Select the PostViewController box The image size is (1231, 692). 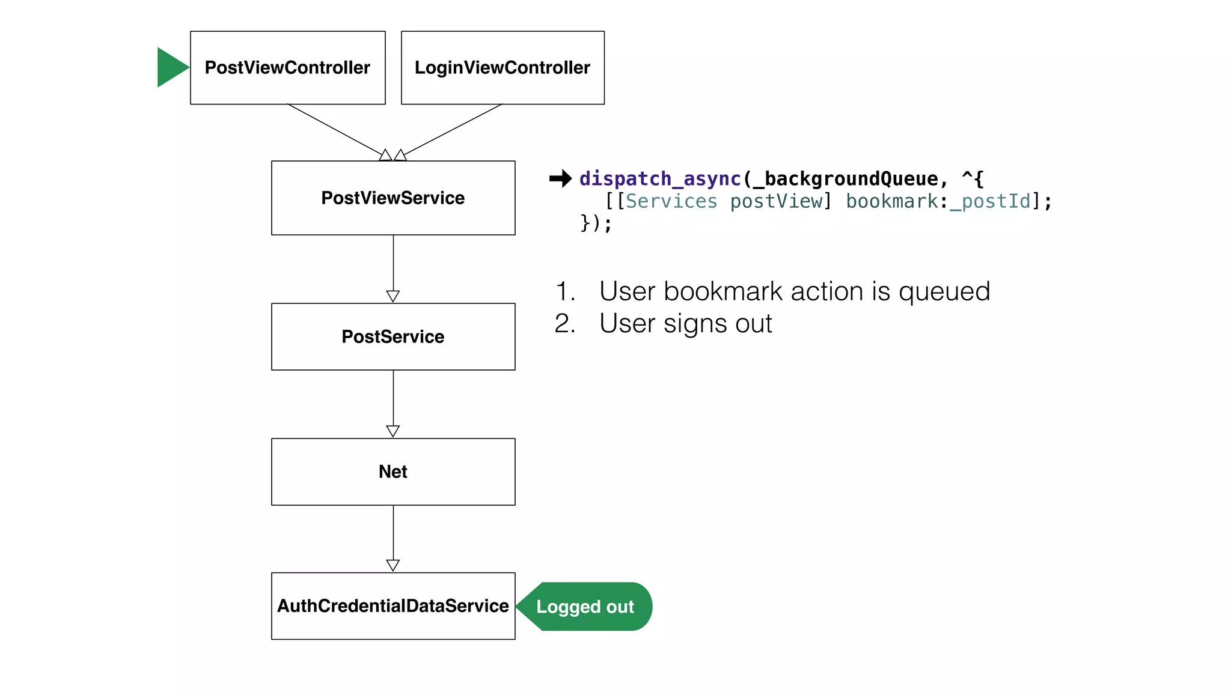pyautogui.click(x=287, y=68)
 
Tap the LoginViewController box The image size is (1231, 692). pyautogui.click(x=502, y=68)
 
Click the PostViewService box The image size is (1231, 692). pyautogui.click(x=393, y=198)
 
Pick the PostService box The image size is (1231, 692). pyautogui.click(x=393, y=336)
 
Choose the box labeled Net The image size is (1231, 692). pyautogui.click(x=393, y=472)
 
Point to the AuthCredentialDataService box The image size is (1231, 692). pyautogui.click(x=393, y=605)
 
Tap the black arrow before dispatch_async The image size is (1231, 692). pyautogui.click(x=560, y=178)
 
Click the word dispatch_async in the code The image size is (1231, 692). pyautogui.click(x=660, y=179)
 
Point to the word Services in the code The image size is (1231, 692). pyautogui.click(x=671, y=201)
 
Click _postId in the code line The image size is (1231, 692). pyautogui.click(x=990, y=201)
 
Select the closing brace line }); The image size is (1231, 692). pyautogui.click(x=596, y=223)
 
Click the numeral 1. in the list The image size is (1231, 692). pyautogui.click(x=565, y=291)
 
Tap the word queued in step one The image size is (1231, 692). pyautogui.click(x=944, y=291)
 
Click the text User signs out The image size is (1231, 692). pyautogui.click(x=685, y=324)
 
